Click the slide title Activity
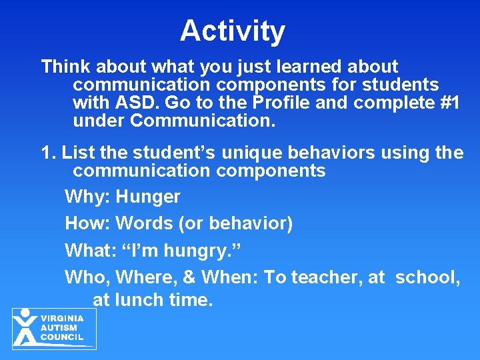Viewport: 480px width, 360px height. (x=232, y=31)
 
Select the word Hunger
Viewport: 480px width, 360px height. (x=148, y=197)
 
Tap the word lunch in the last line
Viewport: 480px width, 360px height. (x=139, y=301)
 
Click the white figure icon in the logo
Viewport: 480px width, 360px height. (x=25, y=327)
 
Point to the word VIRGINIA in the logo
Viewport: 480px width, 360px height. (x=62, y=319)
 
